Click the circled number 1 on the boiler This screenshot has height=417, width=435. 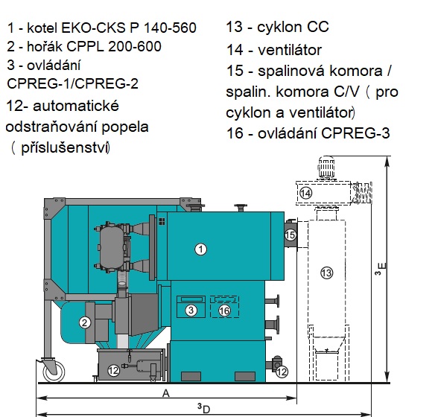coord(200,249)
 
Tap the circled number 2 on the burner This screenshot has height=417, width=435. coord(85,322)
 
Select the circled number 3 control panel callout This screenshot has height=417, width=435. coord(191,310)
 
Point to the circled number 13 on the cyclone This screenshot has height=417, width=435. coord(326,273)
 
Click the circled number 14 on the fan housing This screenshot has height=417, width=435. coord(305,193)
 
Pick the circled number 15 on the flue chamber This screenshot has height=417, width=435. coord(290,235)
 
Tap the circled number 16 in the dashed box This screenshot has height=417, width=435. coord(224,311)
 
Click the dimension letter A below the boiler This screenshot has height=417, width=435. coord(165,393)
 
